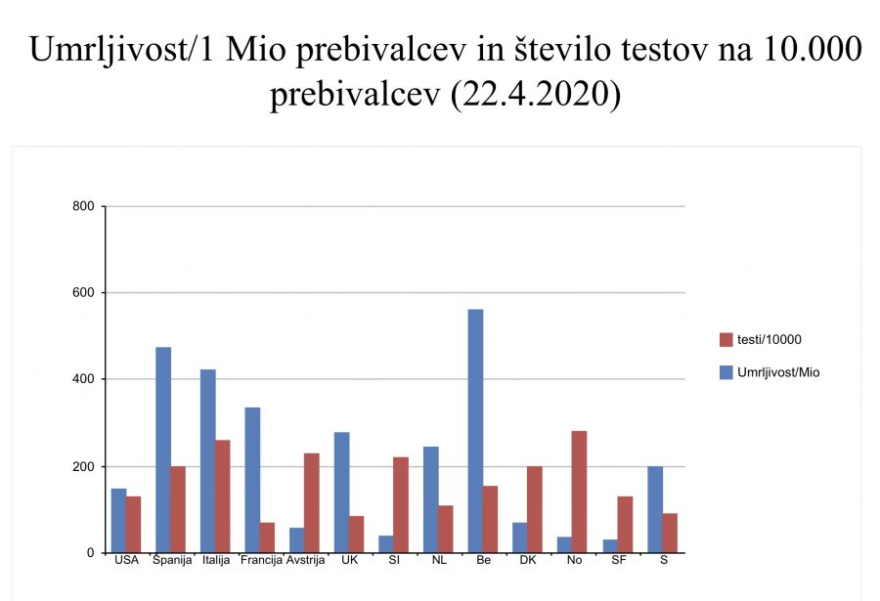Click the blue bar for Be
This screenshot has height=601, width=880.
[475, 431]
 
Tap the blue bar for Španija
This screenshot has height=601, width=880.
[162, 450]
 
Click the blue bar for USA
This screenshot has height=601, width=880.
[118, 520]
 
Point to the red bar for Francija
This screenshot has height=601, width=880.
[267, 537]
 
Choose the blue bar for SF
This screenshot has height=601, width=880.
[610, 545]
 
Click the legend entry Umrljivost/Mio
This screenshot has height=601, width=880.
[777, 371]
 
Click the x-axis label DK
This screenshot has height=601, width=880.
[528, 561]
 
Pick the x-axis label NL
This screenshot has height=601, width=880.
[438, 561]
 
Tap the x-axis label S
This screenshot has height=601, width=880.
[662, 561]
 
